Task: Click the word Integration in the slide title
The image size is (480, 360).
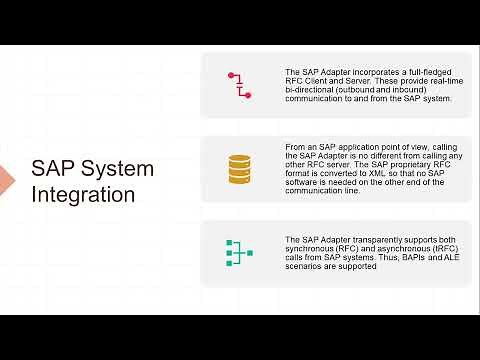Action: [x=83, y=195]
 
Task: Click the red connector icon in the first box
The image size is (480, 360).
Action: [x=239, y=85]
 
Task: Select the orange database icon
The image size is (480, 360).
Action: [x=239, y=169]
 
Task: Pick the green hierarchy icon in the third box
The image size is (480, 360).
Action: [x=239, y=253]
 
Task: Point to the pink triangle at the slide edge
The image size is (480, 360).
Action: [x=5, y=180]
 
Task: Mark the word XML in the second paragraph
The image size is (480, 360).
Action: [x=389, y=172]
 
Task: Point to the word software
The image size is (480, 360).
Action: [x=307, y=181]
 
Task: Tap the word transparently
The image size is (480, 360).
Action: [x=375, y=240]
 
